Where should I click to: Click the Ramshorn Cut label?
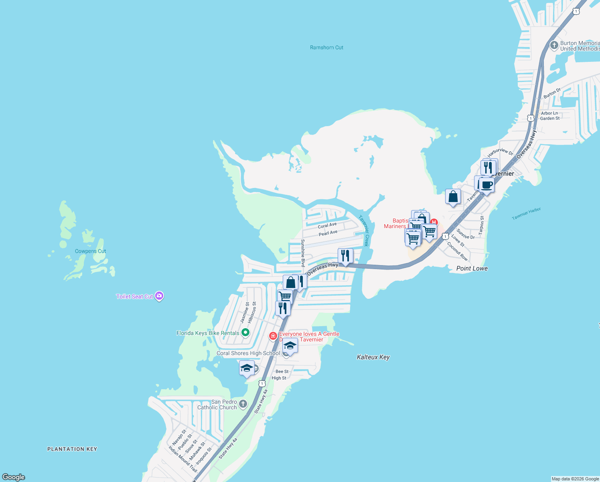tap(326, 47)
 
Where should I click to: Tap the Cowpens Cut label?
tap(90, 251)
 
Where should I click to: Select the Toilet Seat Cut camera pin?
tap(159, 296)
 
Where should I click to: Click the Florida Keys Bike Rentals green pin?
tap(245, 333)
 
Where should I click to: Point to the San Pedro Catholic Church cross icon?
tap(243, 404)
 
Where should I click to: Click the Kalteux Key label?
tap(373, 357)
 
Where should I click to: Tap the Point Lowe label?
tap(472, 268)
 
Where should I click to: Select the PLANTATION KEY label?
tap(72, 449)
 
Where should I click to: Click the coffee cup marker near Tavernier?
tap(487, 186)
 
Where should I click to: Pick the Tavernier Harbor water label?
tap(526, 214)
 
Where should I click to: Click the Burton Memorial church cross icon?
tap(554, 45)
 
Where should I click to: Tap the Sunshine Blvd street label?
tap(303, 253)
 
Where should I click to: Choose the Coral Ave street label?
tap(327, 225)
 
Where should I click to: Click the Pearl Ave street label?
tap(328, 233)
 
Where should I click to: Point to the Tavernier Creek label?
tap(363, 231)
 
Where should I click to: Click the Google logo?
tap(14, 477)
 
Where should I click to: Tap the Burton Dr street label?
tap(552, 94)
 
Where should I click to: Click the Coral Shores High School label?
tap(248, 353)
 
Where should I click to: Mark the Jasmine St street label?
tap(244, 313)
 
